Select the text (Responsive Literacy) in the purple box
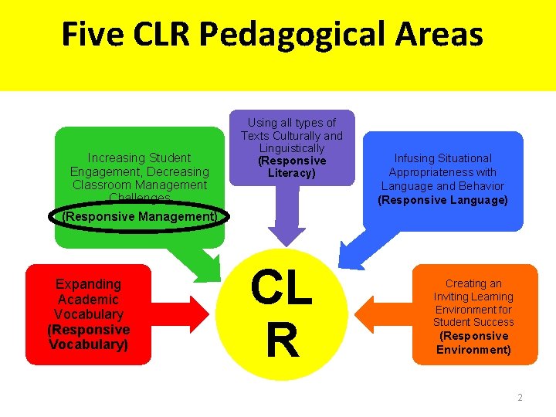click(292, 167)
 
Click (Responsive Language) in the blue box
click(442, 201)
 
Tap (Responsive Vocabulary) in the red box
click(88, 337)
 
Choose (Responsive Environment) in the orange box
click(473, 343)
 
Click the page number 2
click(520, 398)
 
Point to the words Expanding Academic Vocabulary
click(88, 299)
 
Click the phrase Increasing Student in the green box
click(139, 158)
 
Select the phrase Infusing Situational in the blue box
click(442, 158)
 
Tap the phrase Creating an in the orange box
click(473, 284)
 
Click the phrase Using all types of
click(292, 123)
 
